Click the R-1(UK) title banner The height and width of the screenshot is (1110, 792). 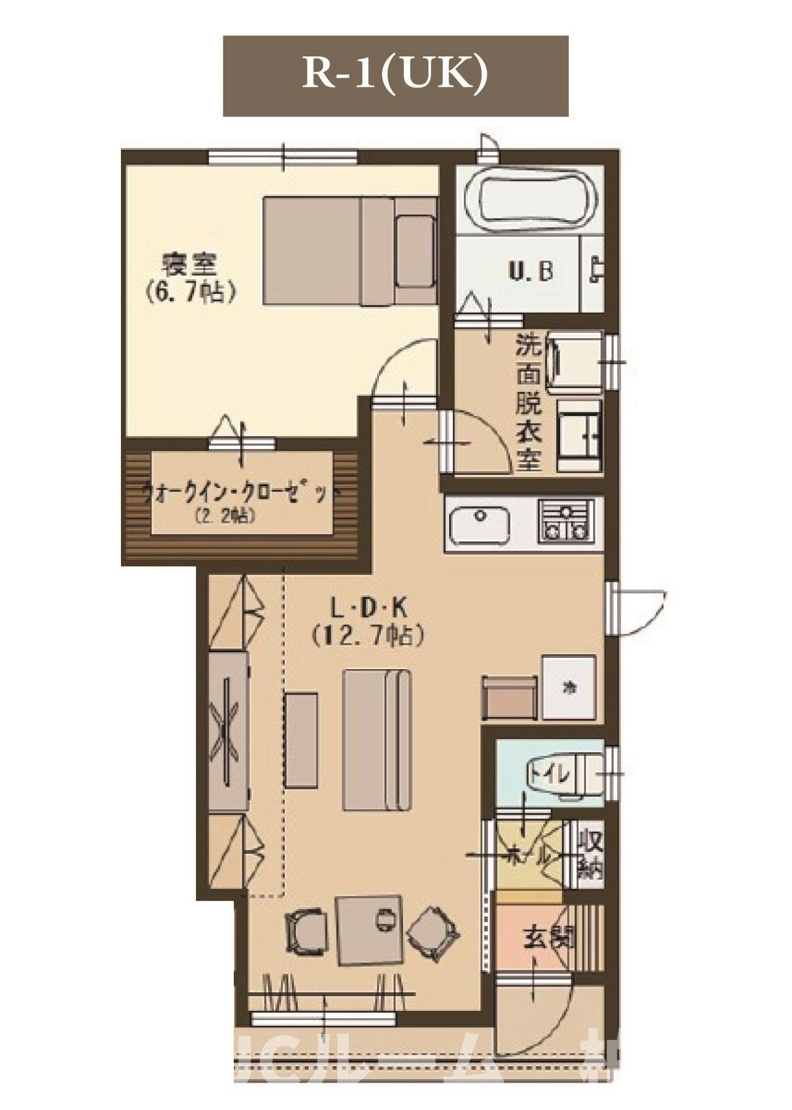[396, 76]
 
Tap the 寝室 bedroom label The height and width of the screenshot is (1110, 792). [190, 265]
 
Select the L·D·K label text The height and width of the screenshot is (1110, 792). [369, 608]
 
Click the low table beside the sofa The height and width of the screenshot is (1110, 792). [301, 740]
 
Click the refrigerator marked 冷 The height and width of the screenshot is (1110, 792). [569, 687]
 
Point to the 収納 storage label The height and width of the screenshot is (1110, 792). [590, 855]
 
